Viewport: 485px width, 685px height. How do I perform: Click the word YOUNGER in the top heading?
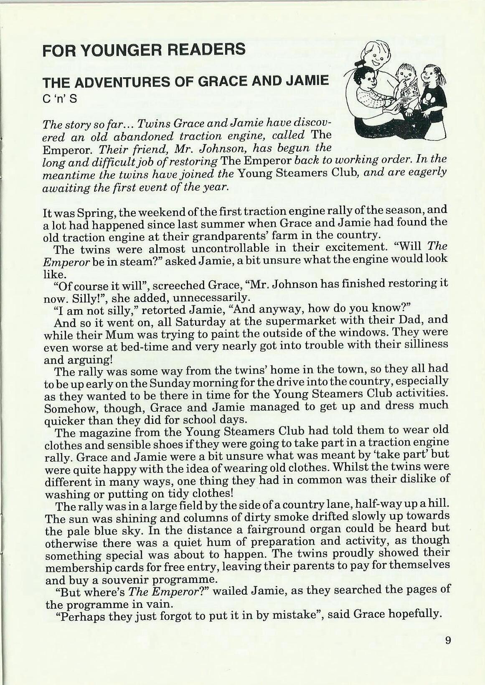click(x=109, y=50)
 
